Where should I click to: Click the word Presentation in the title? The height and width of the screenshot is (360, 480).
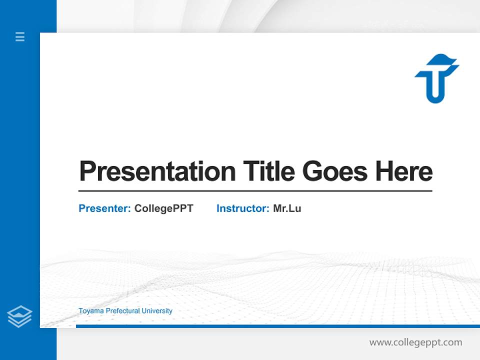pos(157,171)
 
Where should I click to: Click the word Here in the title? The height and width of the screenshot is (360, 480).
pos(403,171)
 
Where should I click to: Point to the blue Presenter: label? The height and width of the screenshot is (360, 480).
pos(104,208)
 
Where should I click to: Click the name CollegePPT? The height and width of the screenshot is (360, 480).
pos(163,208)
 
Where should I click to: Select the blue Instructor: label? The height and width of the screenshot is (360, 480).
pos(242,208)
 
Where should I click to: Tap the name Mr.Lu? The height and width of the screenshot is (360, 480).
pos(287,208)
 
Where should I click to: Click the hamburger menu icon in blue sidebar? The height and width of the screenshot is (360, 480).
pos(20,36)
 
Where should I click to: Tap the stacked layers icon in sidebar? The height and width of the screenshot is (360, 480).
pos(19,316)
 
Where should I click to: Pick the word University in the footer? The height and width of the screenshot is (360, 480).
pos(157,311)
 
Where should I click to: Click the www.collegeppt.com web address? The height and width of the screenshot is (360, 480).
pos(415,342)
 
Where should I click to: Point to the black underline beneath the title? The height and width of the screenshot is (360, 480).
pos(255,191)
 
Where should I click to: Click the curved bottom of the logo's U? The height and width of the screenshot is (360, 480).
pos(436,98)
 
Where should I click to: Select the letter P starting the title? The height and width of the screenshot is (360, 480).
pos(87,171)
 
